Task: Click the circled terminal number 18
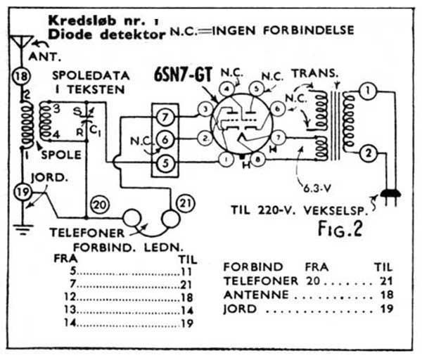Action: click(22, 77)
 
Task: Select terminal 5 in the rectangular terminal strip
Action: click(163, 162)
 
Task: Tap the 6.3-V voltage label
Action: click(317, 188)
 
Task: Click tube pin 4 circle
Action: click(227, 89)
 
